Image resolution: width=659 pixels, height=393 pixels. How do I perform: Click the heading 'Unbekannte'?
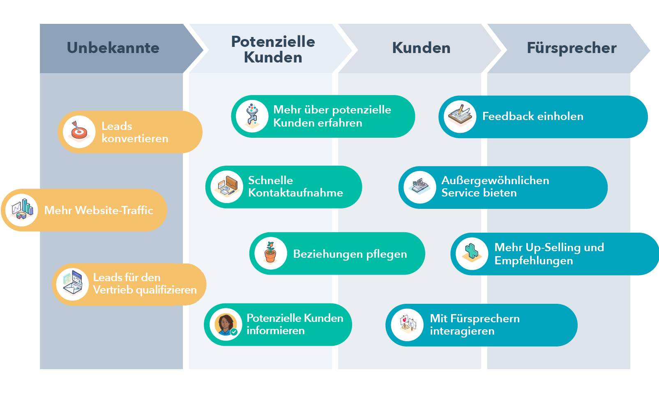113,48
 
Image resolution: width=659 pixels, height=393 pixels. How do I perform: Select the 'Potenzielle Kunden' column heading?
273,49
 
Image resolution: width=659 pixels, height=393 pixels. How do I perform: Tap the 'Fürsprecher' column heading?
571,48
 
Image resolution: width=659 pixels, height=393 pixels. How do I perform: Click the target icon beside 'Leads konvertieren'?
79,132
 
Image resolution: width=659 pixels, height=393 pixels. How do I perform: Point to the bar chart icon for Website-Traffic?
22,210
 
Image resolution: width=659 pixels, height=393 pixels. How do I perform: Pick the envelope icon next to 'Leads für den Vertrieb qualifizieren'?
73,284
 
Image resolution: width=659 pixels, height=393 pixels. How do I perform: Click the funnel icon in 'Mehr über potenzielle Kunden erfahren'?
252,116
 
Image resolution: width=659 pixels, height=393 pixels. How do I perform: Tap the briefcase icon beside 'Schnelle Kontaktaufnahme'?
227,187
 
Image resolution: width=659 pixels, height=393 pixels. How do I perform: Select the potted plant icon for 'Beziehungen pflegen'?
270,253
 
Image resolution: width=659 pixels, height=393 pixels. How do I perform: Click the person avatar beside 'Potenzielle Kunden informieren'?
226,324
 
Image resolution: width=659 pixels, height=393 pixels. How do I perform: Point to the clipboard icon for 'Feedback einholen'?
460,116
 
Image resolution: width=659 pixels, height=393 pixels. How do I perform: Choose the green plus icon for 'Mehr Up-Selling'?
472,253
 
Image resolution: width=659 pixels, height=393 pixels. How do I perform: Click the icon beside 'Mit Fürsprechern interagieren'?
407,325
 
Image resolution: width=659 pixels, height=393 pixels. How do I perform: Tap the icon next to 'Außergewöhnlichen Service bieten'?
420,187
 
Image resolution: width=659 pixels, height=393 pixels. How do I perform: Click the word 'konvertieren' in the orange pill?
135,139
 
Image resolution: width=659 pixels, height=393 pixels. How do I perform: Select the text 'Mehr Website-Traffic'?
99,210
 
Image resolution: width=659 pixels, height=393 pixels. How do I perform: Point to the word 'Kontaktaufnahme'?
295,193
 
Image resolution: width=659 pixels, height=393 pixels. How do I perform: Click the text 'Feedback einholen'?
532,116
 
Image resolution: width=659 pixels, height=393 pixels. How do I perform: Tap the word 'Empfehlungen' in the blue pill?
533,261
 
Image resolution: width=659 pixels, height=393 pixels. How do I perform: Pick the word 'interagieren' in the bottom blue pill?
462,331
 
